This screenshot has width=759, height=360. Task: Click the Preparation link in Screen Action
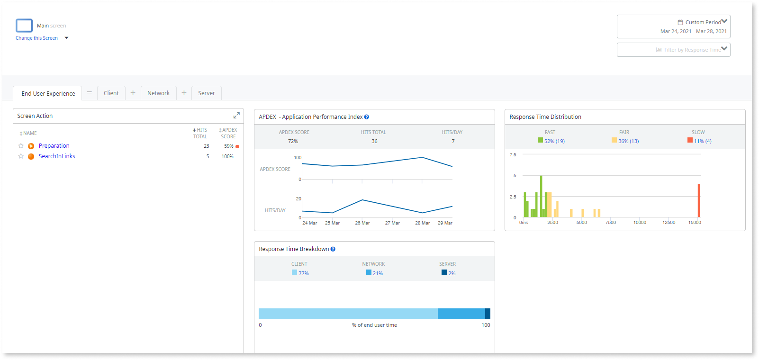54,146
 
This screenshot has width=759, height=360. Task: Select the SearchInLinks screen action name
57,156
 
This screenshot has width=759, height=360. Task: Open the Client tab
111,93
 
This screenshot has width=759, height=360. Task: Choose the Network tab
158,93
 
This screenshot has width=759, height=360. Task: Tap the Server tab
207,93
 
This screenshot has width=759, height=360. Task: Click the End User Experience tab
48,94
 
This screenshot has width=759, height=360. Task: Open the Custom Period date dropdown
673,27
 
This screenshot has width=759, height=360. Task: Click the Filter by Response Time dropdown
673,50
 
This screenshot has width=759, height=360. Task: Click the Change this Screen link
36,38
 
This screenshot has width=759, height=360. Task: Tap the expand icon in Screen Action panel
236,116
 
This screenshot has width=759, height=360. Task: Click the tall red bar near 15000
699,200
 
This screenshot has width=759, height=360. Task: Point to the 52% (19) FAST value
554,141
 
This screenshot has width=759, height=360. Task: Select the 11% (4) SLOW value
702,141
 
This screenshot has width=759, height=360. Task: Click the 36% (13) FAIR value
628,141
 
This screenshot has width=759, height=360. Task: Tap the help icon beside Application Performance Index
367,117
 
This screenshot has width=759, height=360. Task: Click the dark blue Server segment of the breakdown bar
488,314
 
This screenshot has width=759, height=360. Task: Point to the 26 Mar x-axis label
362,223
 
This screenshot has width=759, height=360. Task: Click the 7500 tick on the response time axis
611,223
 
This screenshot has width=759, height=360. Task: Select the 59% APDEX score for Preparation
228,146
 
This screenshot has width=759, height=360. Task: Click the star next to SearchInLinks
21,156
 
